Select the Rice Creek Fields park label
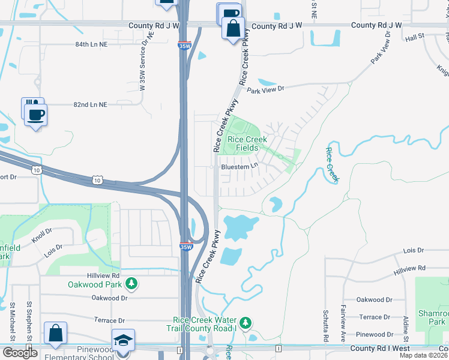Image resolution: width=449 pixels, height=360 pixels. (x=244, y=143)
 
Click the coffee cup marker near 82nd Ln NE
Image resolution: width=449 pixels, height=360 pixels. (x=35, y=113)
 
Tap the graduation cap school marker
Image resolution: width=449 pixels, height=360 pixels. (x=123, y=340)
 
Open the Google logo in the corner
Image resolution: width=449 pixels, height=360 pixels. (x=20, y=353)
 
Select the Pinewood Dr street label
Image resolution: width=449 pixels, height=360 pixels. (x=373, y=334)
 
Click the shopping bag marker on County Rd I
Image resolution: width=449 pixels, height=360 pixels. (x=55, y=334)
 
